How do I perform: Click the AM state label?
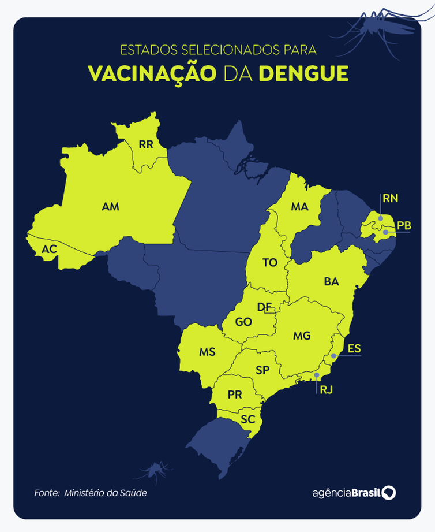(110, 206)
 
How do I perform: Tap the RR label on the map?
(146, 144)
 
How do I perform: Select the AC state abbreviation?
(49, 250)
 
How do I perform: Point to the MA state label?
(299, 206)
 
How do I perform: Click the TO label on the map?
(269, 263)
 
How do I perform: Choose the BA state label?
(331, 281)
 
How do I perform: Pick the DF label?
(264, 307)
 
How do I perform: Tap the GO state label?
(243, 322)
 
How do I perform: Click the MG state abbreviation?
(301, 336)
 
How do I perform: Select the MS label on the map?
(207, 351)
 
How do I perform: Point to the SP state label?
(262, 370)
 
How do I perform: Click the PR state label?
(234, 395)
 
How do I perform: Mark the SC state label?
(248, 420)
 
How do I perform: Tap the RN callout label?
(390, 199)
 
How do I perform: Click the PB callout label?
(404, 225)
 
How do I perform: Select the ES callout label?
(354, 348)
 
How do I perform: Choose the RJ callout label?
(326, 389)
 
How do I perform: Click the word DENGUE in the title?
(303, 73)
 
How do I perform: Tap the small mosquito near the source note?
(155, 471)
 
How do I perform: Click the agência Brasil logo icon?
(389, 493)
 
